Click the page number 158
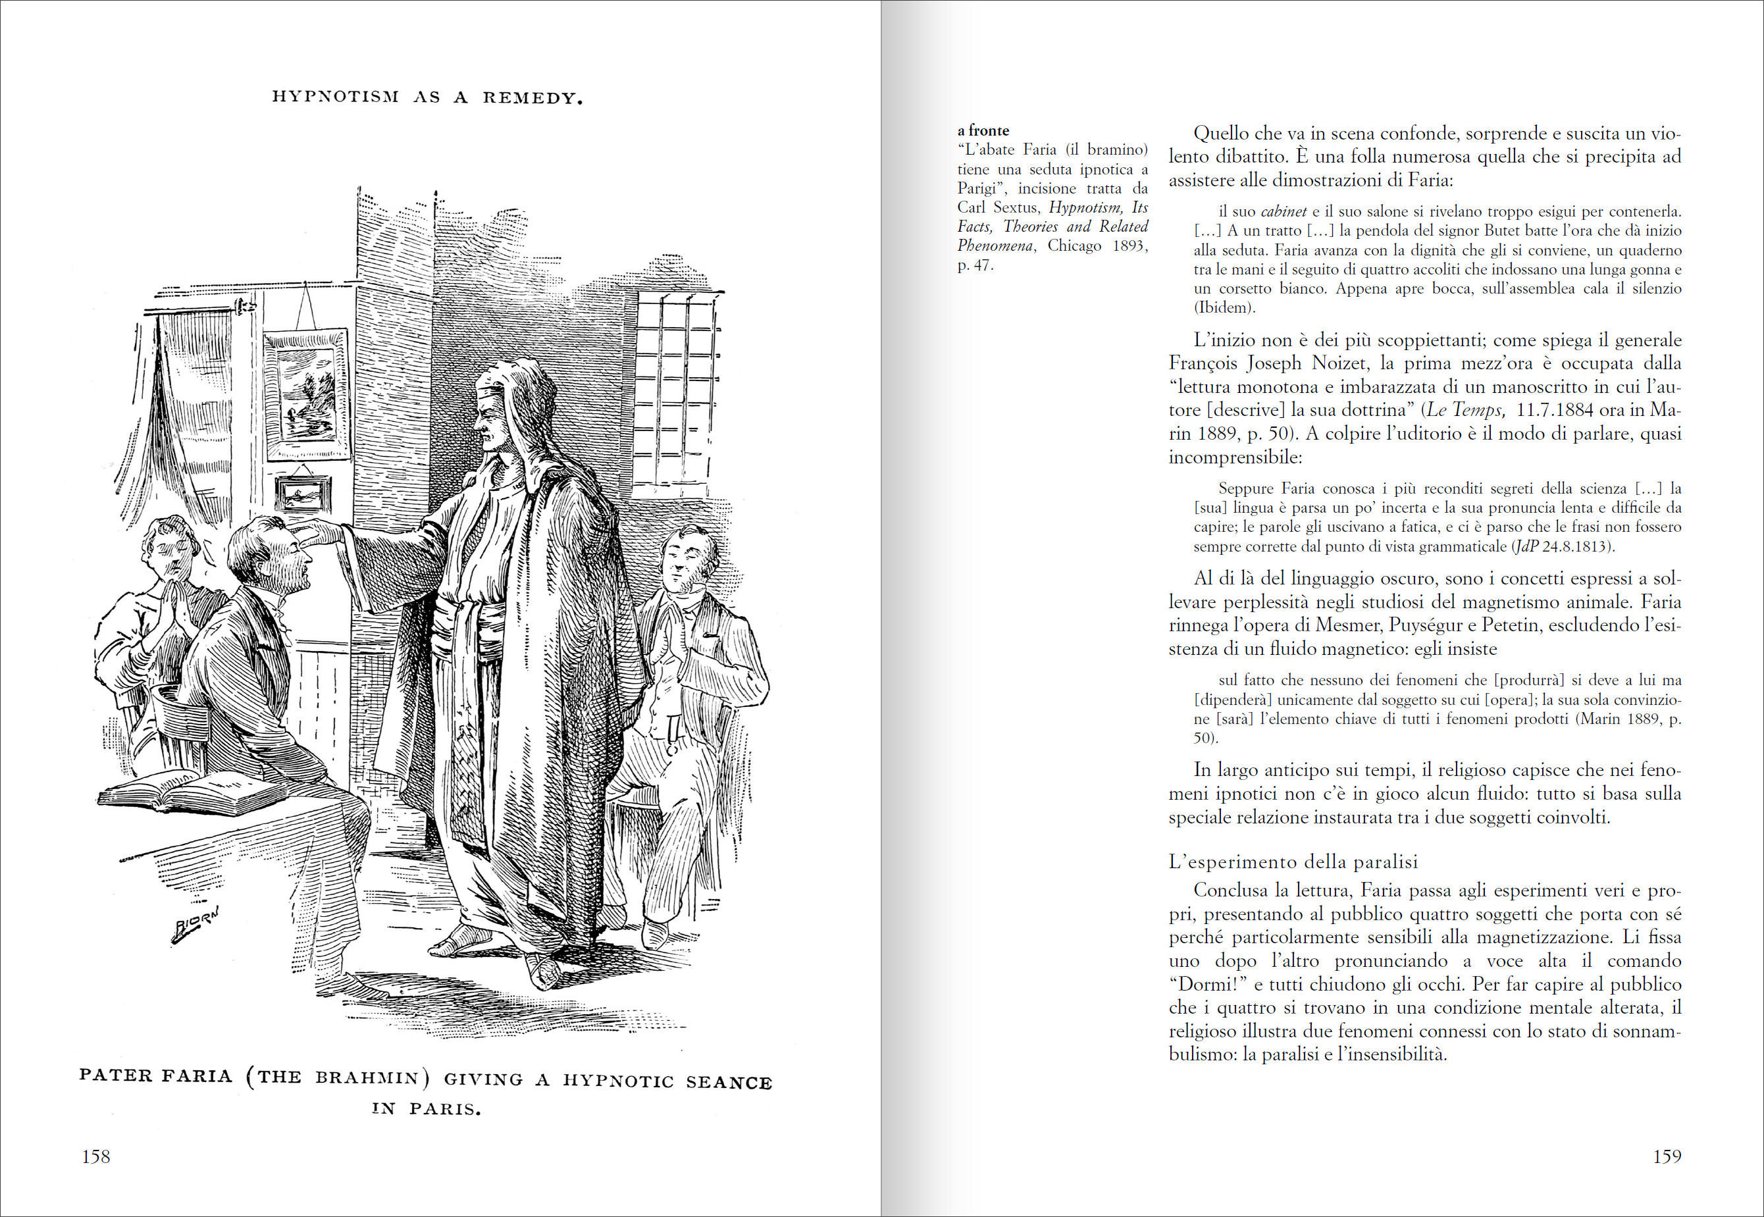96,1156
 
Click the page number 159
1667,1156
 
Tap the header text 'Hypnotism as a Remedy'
427,97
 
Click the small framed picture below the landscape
303,494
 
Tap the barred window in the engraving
677,389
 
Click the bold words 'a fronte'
983,130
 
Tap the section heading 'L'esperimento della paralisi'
1293,862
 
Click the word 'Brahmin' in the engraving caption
367,1077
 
